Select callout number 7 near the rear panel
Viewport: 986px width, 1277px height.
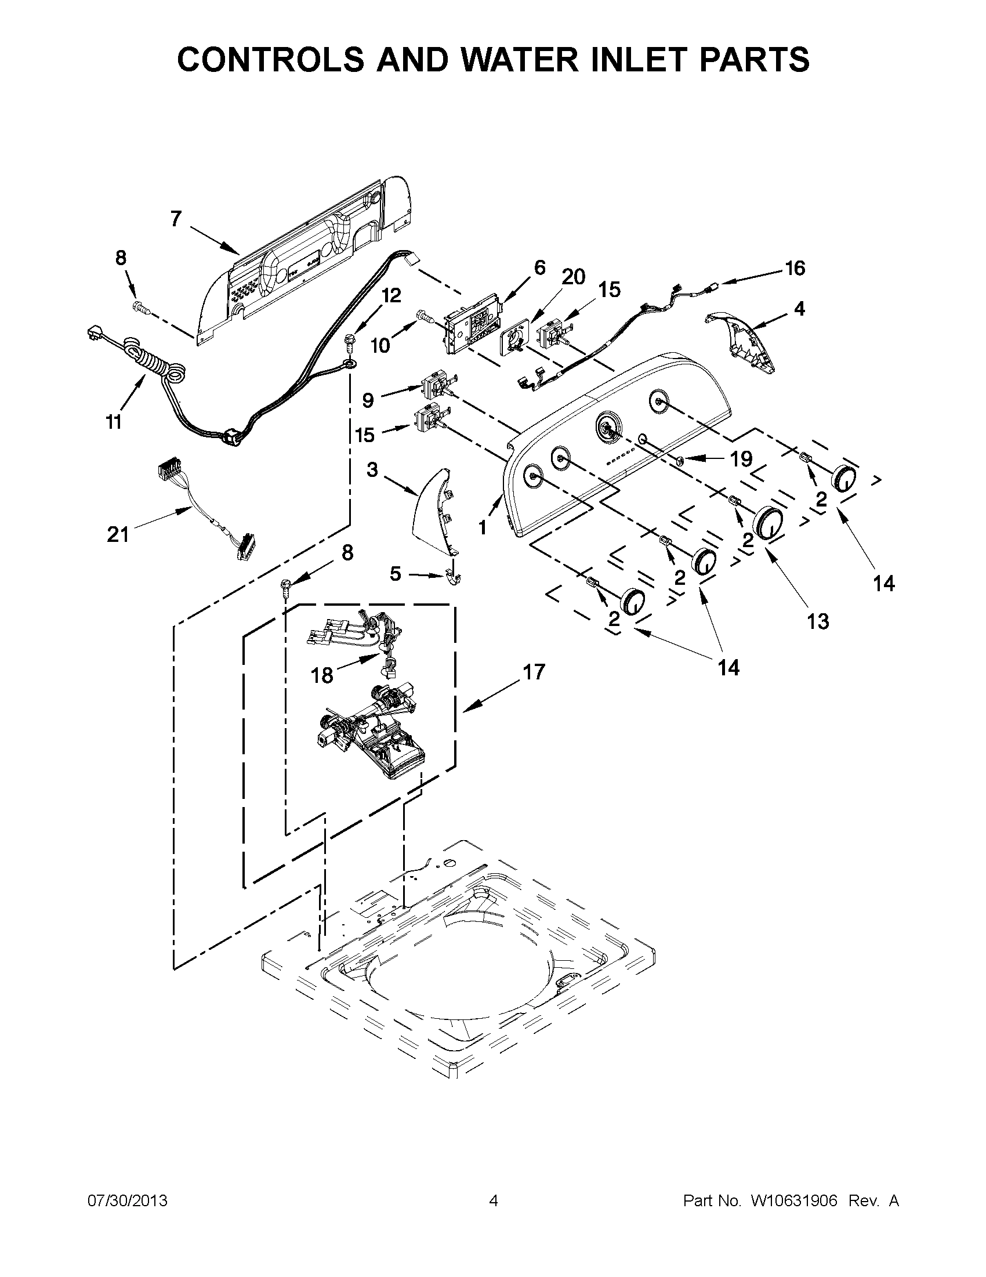pyautogui.click(x=176, y=219)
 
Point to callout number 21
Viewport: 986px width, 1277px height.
pyautogui.click(x=118, y=534)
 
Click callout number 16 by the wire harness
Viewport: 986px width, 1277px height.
pyautogui.click(x=794, y=269)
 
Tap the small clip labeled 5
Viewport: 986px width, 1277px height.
pyautogui.click(x=452, y=577)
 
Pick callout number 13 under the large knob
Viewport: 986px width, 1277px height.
pyautogui.click(x=818, y=621)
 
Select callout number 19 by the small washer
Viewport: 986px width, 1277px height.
pyautogui.click(x=741, y=460)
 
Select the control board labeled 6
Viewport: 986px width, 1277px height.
pyautogui.click(x=474, y=331)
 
